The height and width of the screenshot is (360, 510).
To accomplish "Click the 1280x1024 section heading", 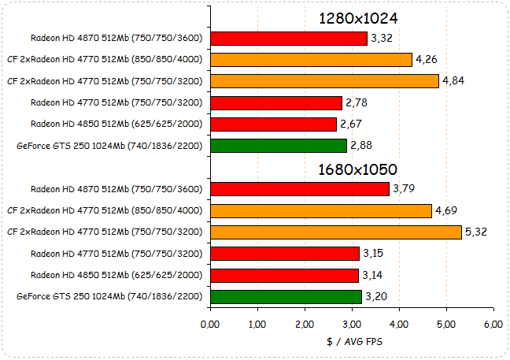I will point(357,18).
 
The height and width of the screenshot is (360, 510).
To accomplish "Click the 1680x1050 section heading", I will point(357,169).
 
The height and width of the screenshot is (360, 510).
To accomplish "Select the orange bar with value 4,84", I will point(324,81).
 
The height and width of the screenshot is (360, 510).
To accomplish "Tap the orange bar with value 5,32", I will point(335,232).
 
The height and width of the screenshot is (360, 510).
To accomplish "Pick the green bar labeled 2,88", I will point(279,146).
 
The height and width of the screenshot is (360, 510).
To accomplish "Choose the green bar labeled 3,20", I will point(286,297).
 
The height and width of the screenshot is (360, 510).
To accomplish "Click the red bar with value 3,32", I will point(289,39).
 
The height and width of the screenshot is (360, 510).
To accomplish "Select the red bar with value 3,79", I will point(300,189).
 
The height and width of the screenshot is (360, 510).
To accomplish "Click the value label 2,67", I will point(351,124).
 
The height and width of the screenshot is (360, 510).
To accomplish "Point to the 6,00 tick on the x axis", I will point(493,325).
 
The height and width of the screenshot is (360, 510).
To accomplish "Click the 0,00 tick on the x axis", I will point(210,325).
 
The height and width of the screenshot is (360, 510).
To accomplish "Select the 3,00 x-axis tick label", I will point(352,325).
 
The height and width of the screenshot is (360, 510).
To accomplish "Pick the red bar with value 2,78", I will point(276,102).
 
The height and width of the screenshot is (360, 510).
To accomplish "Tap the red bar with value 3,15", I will point(285,254).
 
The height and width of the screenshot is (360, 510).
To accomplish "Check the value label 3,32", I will point(382,38).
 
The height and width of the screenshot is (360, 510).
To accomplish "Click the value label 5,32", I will point(476,232).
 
